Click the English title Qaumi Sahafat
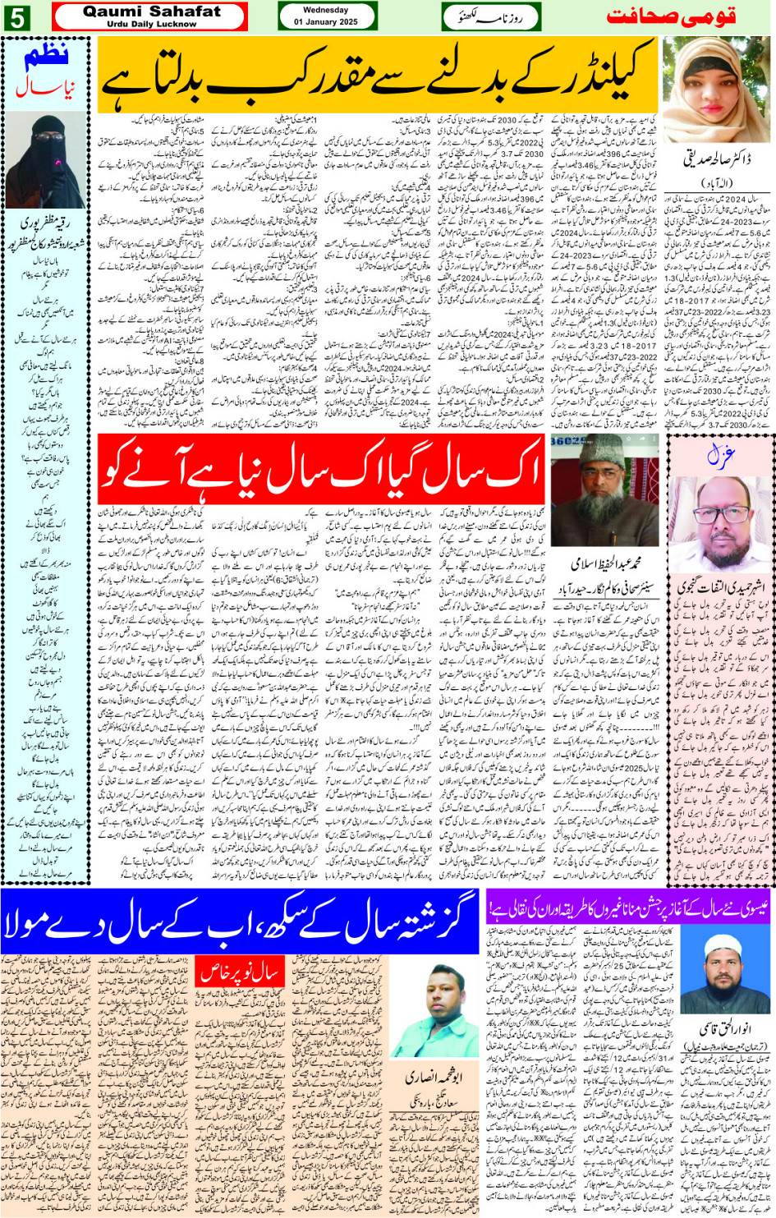152,11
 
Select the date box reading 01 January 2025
326,16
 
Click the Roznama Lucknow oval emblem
491,16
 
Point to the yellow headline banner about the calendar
378,76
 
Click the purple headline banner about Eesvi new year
627,908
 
